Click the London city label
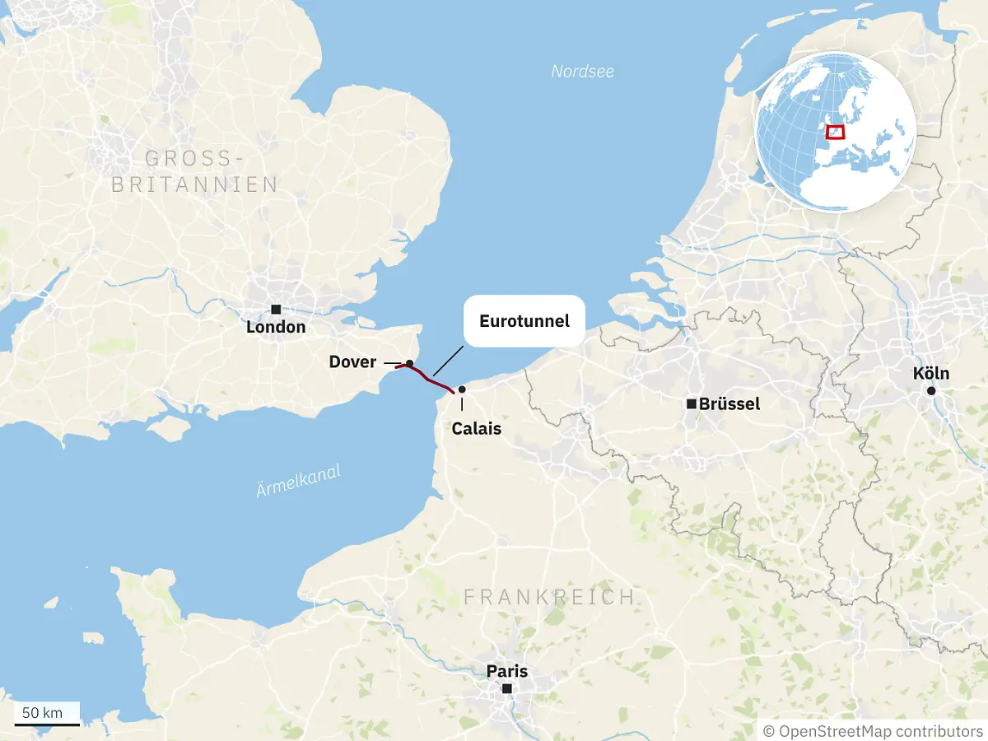[276, 327]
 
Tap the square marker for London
[276, 309]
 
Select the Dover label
[352, 362]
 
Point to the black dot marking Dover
[409, 363]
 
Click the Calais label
[477, 428]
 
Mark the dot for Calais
[462, 389]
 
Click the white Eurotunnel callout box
[524, 321]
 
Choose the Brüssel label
[729, 404]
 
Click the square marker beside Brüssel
[692, 403]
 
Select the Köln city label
[930, 374]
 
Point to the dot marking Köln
[931, 391]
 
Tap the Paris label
[507, 671]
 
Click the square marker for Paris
[507, 688]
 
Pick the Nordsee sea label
[583, 72]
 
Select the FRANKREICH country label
[549, 597]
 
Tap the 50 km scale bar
[47, 724]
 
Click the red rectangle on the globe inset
[835, 132]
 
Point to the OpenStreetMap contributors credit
[873, 731]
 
